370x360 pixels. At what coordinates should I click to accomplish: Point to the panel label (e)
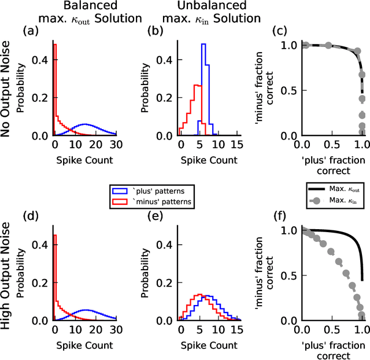pos(158,218)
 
